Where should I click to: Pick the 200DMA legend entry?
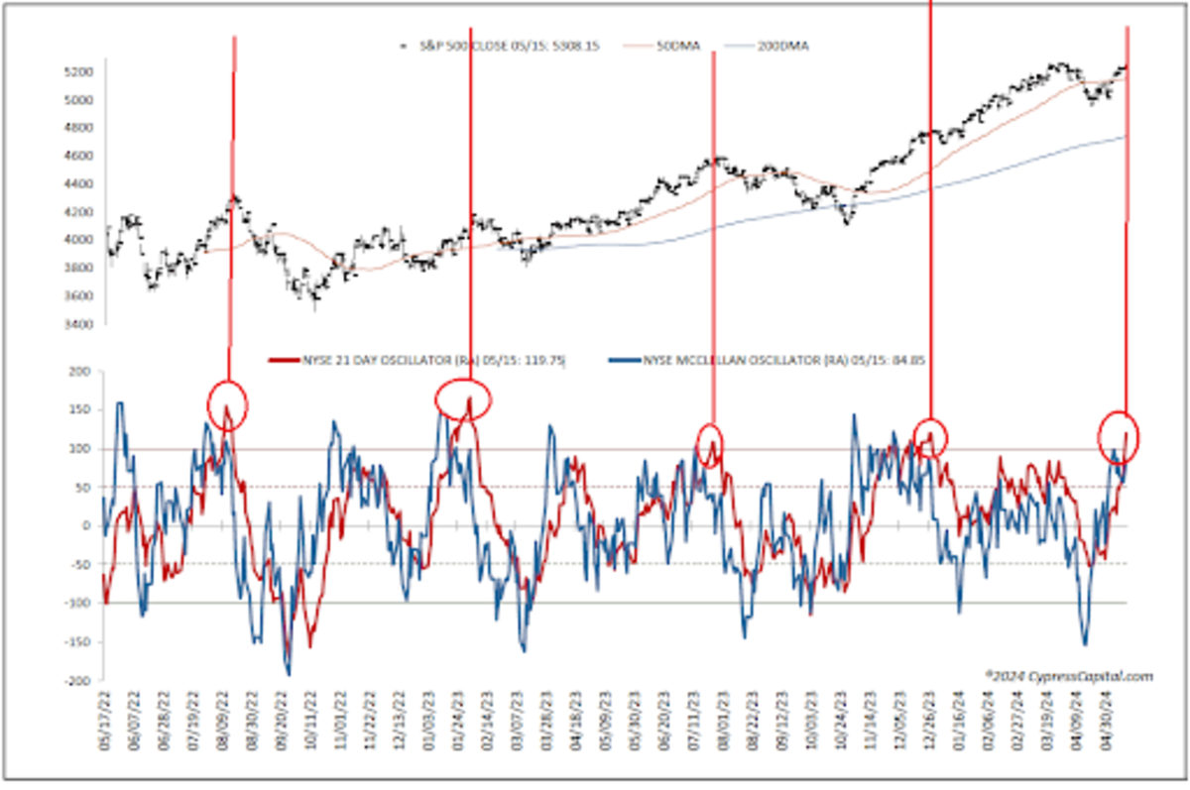pos(779,47)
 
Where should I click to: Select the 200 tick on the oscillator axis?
pos(78,372)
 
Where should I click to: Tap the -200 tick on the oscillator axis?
pos(76,682)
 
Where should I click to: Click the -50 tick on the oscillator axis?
pos(78,565)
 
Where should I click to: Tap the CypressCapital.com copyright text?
pos(1069,676)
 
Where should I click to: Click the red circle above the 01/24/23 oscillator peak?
pos(463,398)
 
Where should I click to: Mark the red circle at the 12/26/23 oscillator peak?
pos(930,436)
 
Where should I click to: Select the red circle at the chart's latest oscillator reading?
pos(1120,435)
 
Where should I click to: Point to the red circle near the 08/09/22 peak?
pos(227,403)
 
